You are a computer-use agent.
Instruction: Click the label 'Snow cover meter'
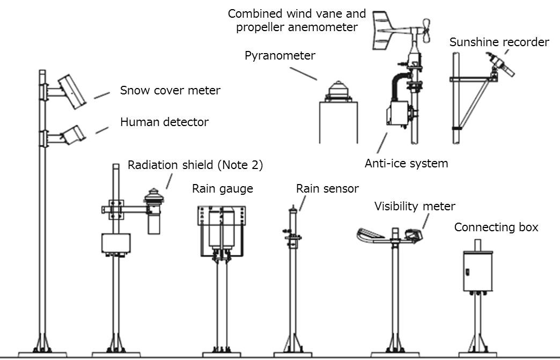point(170,90)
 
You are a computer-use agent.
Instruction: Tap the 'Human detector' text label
point(164,122)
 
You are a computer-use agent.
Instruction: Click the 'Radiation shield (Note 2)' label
point(195,165)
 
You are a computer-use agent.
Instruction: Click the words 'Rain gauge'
point(222,188)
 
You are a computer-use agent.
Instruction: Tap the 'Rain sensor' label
point(327,188)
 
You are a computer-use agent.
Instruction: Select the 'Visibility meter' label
point(415,206)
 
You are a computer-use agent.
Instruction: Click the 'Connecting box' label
point(496,227)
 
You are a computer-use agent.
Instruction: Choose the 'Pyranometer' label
point(280,55)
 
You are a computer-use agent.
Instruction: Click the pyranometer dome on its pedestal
point(337,89)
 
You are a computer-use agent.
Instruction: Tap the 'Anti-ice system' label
point(406,163)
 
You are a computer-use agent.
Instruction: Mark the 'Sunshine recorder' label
point(499,42)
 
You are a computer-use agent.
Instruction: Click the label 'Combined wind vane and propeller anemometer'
point(297,20)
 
